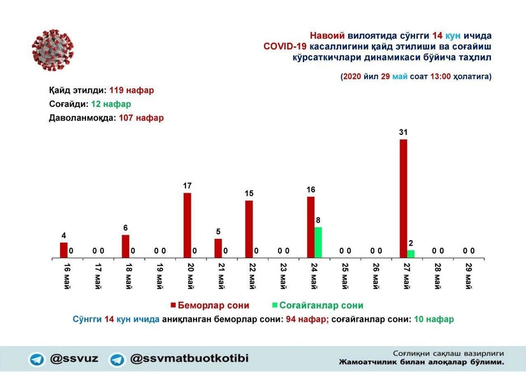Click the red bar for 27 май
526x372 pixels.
tap(403, 198)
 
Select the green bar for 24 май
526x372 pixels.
tap(318, 243)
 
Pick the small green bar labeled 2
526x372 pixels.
tap(411, 254)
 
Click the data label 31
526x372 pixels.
tap(403, 132)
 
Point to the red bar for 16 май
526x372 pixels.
tap(64, 250)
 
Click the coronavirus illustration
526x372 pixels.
tap(52, 50)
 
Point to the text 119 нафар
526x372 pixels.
tap(131, 90)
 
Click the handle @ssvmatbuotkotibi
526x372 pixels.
tap(189, 358)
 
